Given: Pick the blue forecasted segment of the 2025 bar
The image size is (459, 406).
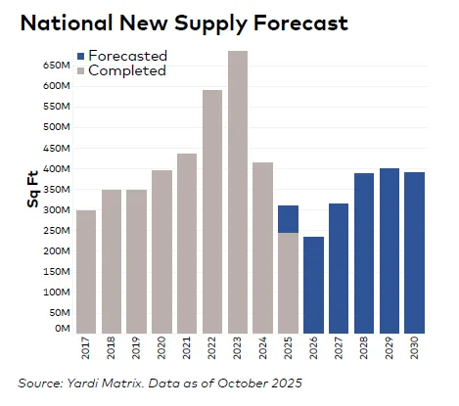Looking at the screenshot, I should point(288,218).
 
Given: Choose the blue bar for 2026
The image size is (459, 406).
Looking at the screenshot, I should point(313,284).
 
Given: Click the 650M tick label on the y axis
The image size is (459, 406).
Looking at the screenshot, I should point(55,65).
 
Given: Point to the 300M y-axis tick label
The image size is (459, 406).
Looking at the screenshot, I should point(55,209).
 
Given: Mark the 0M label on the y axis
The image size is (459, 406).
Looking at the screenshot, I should point(60,329).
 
